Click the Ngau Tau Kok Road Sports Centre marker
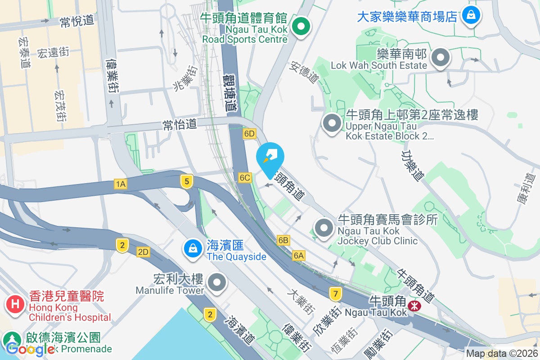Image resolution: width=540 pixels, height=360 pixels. tap(300, 27)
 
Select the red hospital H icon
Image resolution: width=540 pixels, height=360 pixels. tap(15, 304)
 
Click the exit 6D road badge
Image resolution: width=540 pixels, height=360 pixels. tap(249, 134)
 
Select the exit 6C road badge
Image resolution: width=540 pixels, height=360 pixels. tap(245, 178)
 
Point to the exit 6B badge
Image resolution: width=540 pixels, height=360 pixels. tap(283, 240)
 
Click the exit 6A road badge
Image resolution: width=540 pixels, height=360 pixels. tap(299, 256)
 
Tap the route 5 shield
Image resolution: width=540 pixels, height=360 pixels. tap(187, 181)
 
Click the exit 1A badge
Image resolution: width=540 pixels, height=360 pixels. tap(120, 184)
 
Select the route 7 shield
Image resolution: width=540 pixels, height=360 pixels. tap(334, 294)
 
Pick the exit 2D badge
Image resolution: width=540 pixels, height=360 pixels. tap(143, 252)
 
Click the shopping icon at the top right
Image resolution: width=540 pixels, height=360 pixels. tap(471, 16)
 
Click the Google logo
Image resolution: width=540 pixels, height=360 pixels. tap(31, 348)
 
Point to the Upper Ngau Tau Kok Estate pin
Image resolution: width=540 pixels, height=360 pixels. tap(332, 123)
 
